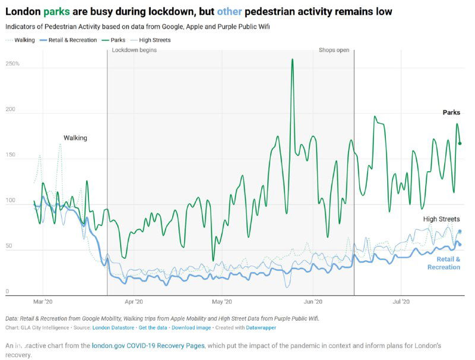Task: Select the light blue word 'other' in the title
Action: click(x=230, y=12)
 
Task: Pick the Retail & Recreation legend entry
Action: click(x=68, y=40)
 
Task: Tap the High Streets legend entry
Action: click(x=154, y=40)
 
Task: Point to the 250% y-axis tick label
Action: click(x=12, y=64)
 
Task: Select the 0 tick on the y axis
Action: click(x=8, y=291)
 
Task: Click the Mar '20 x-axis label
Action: click(x=43, y=302)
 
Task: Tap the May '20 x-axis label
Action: click(x=221, y=302)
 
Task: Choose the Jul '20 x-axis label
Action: click(x=401, y=302)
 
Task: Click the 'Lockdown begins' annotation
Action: click(x=134, y=50)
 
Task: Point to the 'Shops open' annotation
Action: click(x=334, y=50)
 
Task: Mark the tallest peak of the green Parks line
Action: click(x=292, y=60)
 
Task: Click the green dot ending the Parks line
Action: click(x=460, y=143)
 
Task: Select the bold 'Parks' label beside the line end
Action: click(x=451, y=113)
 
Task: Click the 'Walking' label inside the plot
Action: click(x=75, y=138)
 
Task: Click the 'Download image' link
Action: click(x=191, y=327)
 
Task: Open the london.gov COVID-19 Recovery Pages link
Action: click(x=148, y=346)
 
